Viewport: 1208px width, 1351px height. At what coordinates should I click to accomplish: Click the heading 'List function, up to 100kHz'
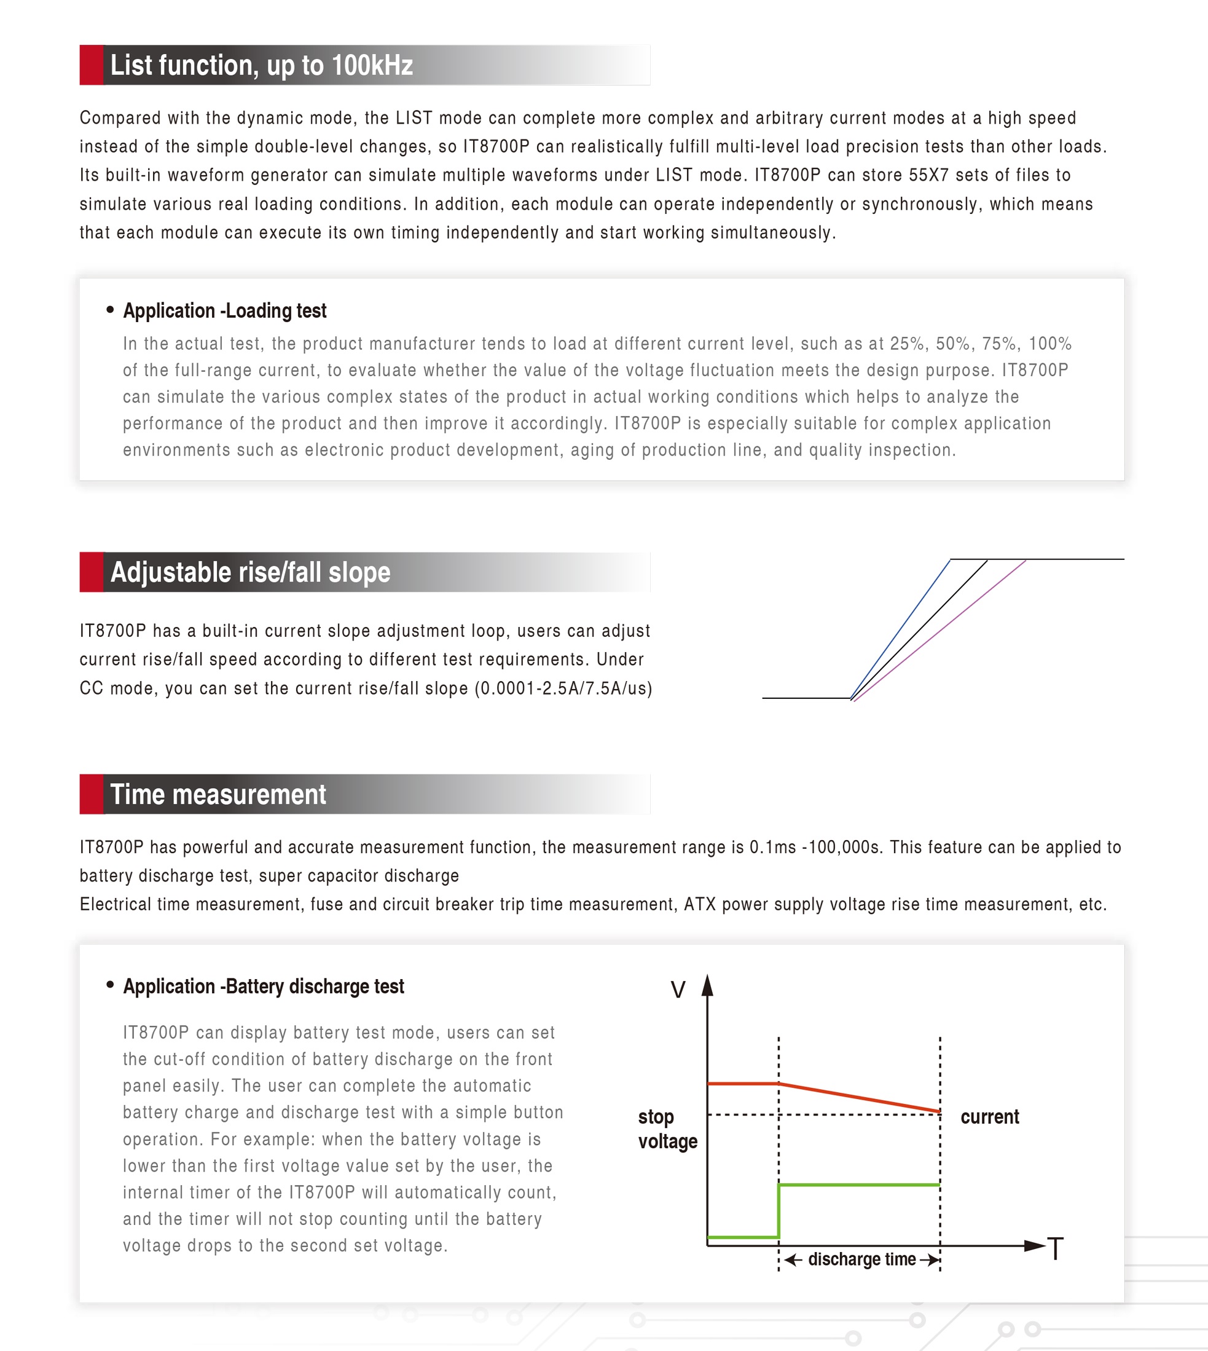pos(262,65)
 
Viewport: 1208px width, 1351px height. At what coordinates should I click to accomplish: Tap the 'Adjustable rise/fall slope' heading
pos(250,572)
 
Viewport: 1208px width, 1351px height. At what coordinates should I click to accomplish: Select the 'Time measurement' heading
pos(218,794)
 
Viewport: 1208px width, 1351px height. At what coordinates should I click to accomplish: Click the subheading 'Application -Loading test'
pos(224,310)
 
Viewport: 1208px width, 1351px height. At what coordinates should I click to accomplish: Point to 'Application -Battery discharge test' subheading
pos(264,987)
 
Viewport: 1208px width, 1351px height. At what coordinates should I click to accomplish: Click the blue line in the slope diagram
pos(901,628)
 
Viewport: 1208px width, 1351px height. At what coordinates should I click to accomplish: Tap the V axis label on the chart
pos(678,990)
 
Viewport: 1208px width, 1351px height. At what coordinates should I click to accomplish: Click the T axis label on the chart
pos(1056,1248)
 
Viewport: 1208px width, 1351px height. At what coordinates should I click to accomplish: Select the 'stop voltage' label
pos(667,1129)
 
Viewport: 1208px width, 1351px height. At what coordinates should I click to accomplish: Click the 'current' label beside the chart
pos(990,1117)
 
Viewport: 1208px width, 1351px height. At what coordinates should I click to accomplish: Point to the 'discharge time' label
pos(861,1259)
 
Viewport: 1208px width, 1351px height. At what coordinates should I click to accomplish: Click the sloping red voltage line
pos(860,1097)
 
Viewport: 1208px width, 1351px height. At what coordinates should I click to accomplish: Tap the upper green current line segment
pos(860,1184)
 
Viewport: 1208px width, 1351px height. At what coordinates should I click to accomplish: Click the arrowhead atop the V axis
pos(708,986)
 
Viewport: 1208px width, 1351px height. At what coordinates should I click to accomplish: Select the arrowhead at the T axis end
pos(1035,1245)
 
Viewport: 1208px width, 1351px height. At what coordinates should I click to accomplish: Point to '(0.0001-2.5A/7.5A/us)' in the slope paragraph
pos(563,688)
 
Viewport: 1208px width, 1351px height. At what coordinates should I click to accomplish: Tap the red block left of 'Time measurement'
pos(92,794)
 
